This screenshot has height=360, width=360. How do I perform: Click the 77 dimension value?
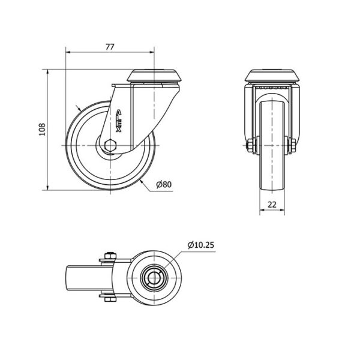[110, 47]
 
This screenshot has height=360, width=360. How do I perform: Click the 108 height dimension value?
[42, 130]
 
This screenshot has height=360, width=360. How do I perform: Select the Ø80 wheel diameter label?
[164, 184]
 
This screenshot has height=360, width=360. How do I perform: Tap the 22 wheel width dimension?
[272, 205]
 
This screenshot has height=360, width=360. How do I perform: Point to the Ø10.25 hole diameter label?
[201, 245]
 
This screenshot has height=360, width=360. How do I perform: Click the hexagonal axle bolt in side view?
[110, 145]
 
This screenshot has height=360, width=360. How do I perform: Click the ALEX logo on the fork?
[118, 121]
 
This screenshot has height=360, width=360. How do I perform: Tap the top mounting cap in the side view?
[154, 76]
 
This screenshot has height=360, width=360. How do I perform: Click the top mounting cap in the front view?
[272, 76]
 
